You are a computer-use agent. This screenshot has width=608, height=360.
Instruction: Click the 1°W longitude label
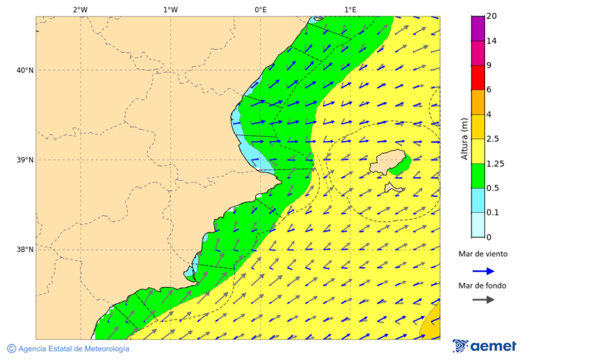170,9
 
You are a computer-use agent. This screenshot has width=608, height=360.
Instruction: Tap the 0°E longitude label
260,9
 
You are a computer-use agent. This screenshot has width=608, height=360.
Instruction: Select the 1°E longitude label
350,9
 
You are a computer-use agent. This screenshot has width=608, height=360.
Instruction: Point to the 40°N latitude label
25,70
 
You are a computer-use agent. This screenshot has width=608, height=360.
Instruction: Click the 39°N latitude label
25,160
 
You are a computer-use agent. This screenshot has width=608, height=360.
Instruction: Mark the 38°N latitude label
25,250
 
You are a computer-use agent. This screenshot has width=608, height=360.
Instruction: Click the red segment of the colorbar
478,78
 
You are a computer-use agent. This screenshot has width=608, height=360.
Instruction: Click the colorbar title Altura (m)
464,138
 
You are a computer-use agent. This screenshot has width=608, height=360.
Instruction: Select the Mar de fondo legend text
482,286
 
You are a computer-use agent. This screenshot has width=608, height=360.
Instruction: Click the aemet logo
484,346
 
